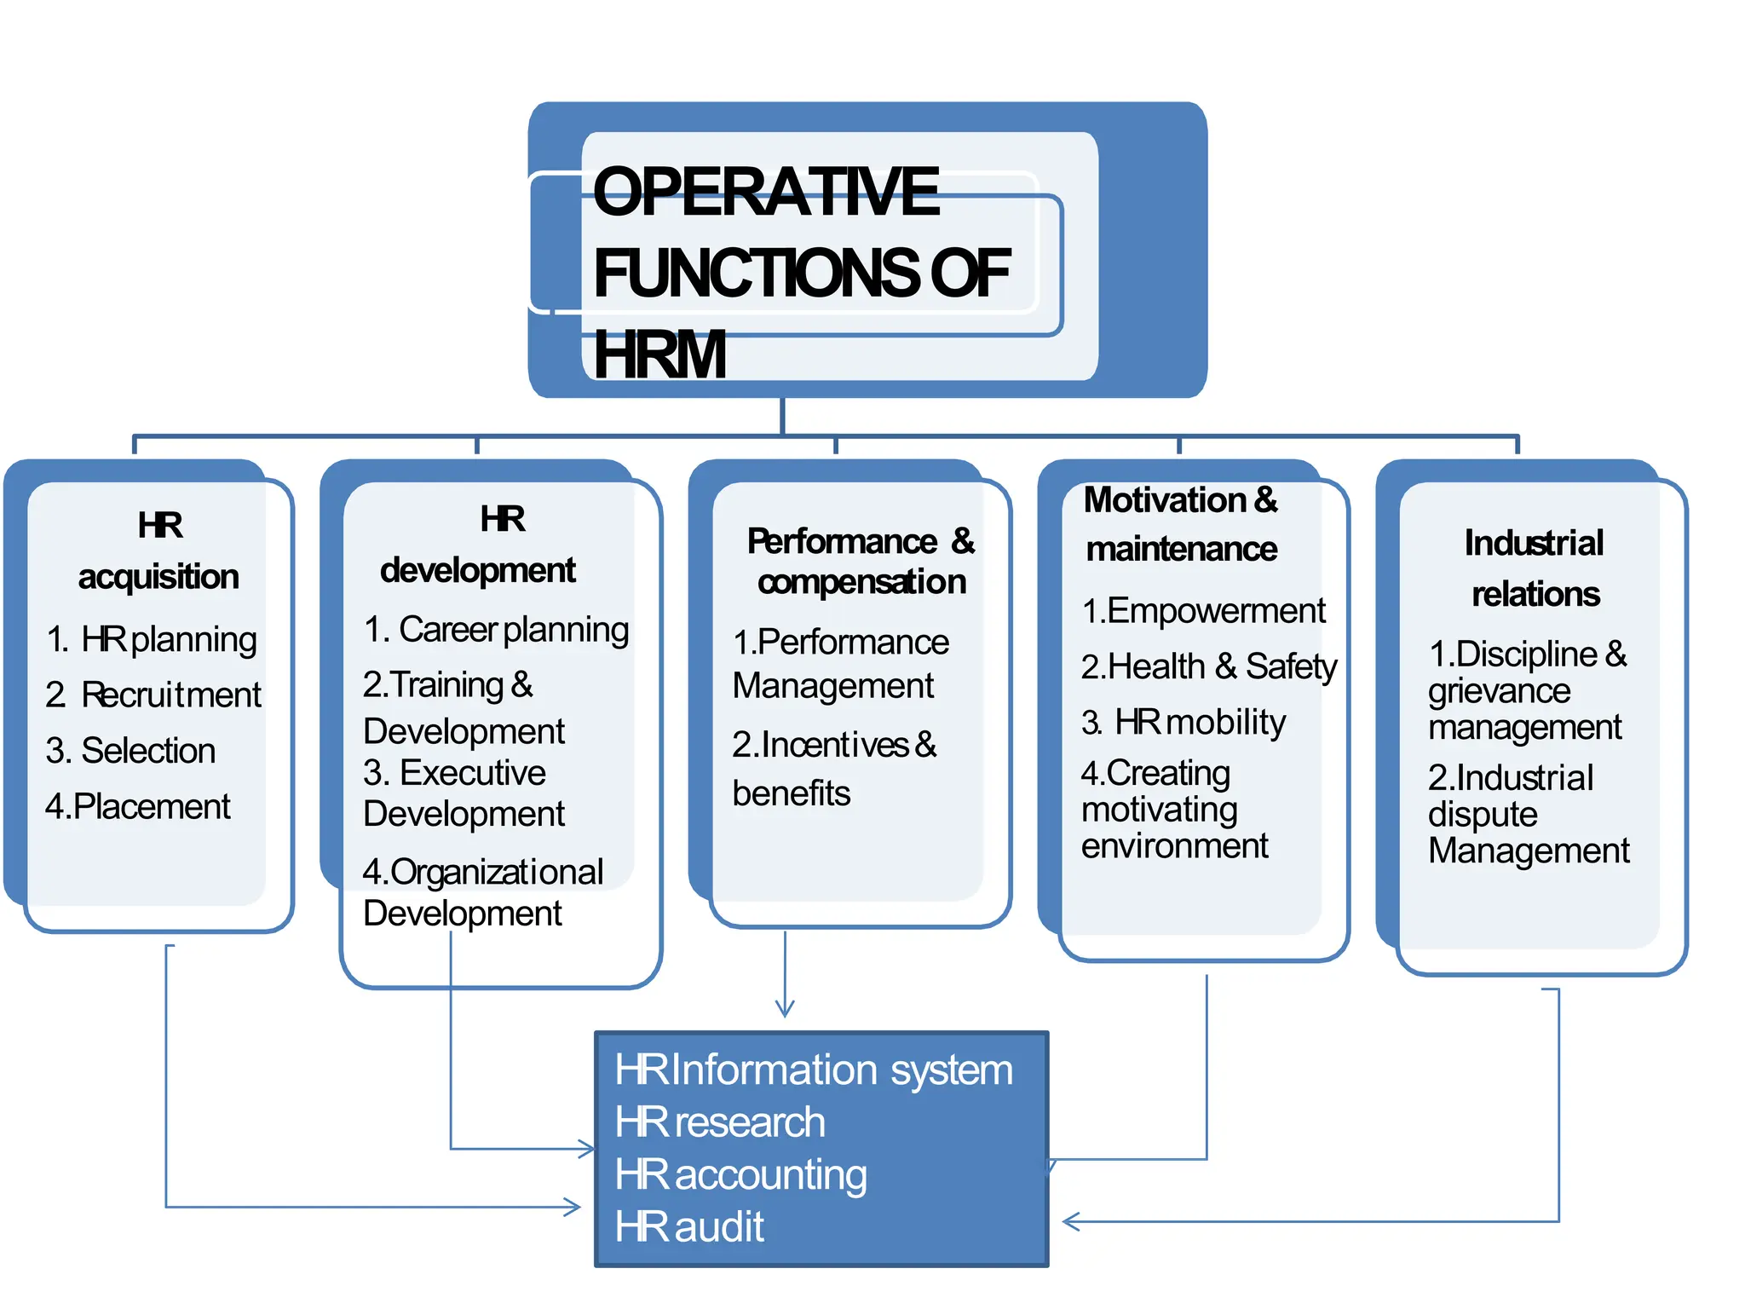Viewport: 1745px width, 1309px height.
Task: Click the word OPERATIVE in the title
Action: (x=765, y=193)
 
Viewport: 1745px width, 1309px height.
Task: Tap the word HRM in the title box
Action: (x=659, y=355)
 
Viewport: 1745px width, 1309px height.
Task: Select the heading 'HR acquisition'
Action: (x=158, y=551)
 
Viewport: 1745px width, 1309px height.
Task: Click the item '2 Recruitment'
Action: (x=153, y=695)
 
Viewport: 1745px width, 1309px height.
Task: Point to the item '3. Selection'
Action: (x=130, y=751)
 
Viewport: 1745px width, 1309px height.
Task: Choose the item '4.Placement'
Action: (x=137, y=806)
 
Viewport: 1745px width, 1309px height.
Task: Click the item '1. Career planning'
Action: (x=496, y=630)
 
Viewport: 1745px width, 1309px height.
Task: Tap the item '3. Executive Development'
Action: (x=463, y=793)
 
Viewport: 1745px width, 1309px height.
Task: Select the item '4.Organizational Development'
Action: (x=482, y=892)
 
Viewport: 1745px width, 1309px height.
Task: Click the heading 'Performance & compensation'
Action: (x=861, y=561)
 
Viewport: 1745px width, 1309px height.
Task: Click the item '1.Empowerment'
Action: (x=1203, y=611)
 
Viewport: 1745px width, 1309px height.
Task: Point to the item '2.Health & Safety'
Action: (x=1208, y=666)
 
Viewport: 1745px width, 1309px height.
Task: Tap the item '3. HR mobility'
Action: (x=1183, y=723)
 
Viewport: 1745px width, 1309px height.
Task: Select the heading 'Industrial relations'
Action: (x=1535, y=568)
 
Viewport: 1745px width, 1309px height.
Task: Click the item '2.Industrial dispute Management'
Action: (x=1528, y=814)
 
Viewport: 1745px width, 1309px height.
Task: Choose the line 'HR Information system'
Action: (x=814, y=1070)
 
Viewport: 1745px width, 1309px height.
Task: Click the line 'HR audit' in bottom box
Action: (x=689, y=1227)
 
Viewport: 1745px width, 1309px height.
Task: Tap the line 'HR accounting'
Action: (x=740, y=1174)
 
